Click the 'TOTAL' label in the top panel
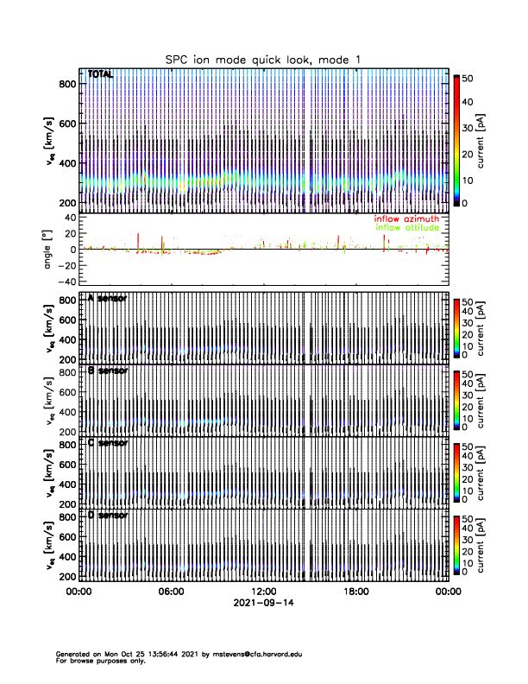click(100, 75)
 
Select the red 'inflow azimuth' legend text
click(406, 218)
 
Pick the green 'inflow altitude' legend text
click(406, 228)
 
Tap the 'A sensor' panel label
click(107, 298)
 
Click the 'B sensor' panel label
click(107, 370)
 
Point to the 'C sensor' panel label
click(107, 443)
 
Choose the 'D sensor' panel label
click(107, 515)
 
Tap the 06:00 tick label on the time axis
click(171, 592)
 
